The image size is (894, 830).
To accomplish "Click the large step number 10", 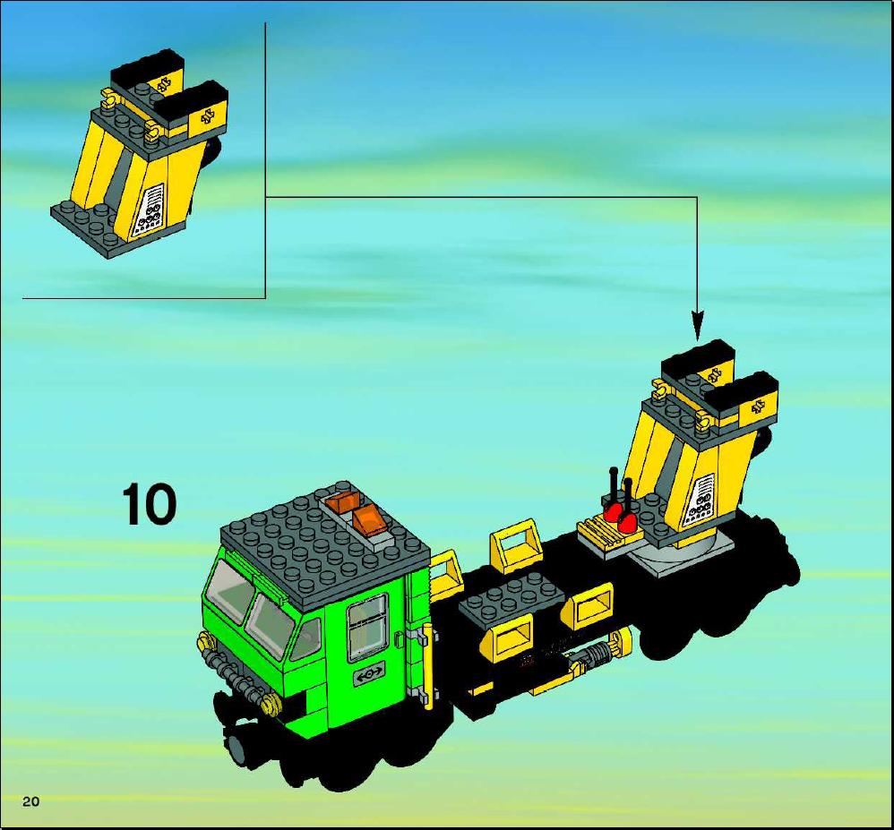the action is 149,504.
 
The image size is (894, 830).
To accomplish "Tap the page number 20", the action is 31,801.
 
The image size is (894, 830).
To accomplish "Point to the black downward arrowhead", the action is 697,326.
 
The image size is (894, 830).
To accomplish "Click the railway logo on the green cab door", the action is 369,674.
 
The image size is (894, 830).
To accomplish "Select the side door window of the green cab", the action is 368,626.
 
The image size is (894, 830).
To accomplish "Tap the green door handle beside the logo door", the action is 398,638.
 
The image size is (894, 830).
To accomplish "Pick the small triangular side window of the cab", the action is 305,637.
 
